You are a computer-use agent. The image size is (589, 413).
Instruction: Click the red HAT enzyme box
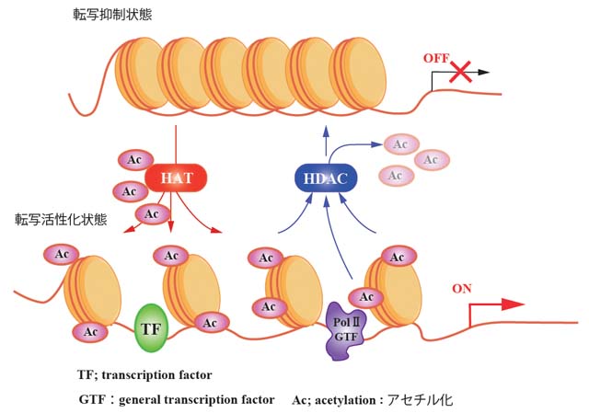[x=175, y=178]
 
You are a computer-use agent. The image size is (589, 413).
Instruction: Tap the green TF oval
[x=150, y=328]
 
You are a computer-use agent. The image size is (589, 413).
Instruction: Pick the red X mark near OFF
[x=460, y=73]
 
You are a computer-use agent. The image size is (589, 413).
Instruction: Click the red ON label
[x=463, y=288]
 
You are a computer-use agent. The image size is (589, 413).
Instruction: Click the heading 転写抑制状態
[x=114, y=15]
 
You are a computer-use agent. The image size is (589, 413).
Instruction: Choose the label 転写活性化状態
[x=61, y=220]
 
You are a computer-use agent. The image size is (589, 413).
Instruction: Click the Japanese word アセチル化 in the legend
[x=422, y=400]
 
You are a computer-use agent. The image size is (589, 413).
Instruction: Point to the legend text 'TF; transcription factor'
[x=145, y=374]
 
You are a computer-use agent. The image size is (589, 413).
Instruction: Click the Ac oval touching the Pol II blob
[x=366, y=296]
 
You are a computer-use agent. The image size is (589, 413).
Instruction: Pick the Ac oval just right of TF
[x=211, y=322]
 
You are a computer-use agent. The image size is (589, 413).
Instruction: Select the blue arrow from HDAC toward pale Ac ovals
[x=368, y=145]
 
